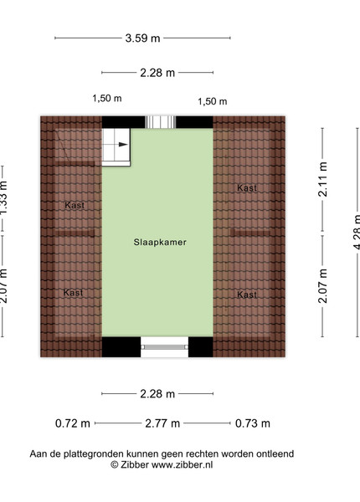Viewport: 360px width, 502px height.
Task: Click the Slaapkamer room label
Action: click(x=160, y=242)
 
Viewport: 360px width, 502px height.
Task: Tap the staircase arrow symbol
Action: click(x=123, y=145)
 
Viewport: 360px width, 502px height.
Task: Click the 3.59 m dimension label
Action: click(x=142, y=38)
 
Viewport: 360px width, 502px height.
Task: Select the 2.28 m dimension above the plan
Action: click(x=157, y=73)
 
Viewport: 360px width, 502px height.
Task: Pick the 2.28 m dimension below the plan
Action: click(x=157, y=393)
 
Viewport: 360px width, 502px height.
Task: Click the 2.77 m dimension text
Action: click(x=162, y=423)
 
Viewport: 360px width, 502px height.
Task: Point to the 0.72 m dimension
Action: click(x=73, y=423)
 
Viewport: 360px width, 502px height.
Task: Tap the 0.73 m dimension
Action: click(x=253, y=423)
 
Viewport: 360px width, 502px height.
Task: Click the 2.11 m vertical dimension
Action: click(x=322, y=179)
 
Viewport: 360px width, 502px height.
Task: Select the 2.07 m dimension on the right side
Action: click(x=322, y=286)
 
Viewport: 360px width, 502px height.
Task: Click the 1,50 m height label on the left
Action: click(x=107, y=98)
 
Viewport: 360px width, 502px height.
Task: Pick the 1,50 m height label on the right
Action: click(x=213, y=101)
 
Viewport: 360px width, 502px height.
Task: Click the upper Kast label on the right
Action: click(x=247, y=188)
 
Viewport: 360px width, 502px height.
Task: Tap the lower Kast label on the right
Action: click(x=247, y=295)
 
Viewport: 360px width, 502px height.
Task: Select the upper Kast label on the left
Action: click(x=75, y=205)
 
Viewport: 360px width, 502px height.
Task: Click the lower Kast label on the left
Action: click(x=74, y=292)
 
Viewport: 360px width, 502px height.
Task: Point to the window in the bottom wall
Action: click(x=165, y=347)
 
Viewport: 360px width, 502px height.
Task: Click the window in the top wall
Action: click(x=161, y=122)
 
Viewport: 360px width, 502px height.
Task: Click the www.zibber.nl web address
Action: click(x=182, y=465)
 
